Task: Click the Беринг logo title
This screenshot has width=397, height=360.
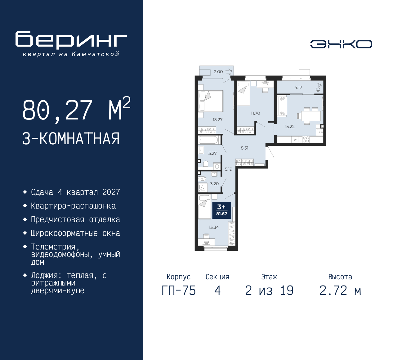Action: [71, 40]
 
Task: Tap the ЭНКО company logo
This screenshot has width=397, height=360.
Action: [341, 44]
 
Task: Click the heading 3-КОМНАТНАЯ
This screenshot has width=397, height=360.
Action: [71, 139]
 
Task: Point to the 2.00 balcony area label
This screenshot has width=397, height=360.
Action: [218, 72]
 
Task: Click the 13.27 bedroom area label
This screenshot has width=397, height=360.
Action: [217, 119]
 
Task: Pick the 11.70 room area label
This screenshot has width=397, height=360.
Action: [255, 113]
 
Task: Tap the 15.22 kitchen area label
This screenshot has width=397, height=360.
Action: [289, 127]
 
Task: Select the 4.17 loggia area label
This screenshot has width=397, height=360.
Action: [298, 88]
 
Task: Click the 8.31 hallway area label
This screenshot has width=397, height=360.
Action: [244, 148]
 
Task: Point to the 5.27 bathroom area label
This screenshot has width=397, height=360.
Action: [212, 153]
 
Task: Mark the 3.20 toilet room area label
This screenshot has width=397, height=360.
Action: [214, 184]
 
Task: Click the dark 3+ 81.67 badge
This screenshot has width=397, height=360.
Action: [221, 210]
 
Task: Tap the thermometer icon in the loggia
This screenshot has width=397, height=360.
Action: [318, 87]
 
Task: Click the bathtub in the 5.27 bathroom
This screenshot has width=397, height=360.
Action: [209, 140]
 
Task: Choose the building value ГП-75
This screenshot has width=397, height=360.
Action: [179, 291]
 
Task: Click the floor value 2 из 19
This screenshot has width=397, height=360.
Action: [269, 291]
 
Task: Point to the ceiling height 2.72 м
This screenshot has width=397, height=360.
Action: [340, 291]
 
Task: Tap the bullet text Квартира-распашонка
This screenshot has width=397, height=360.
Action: [73, 206]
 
